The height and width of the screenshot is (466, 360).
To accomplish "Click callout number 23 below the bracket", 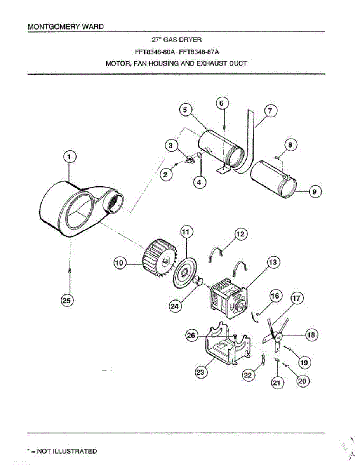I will tap(200, 372).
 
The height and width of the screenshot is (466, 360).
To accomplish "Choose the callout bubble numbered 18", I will tap(311, 334).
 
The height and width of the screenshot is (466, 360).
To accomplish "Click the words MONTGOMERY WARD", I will tap(66, 27).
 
